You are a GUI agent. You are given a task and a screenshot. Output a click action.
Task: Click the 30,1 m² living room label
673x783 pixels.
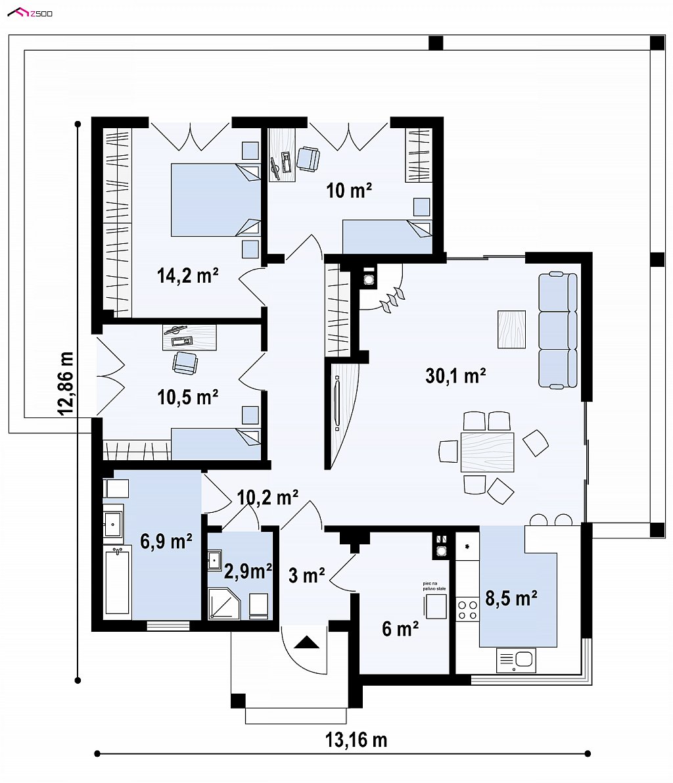[x=456, y=375]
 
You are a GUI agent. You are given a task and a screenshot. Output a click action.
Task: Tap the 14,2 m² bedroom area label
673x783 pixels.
[x=188, y=275]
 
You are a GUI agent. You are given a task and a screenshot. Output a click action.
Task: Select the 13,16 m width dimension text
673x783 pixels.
[x=356, y=740]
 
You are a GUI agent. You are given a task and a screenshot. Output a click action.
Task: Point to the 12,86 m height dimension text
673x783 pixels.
[x=66, y=383]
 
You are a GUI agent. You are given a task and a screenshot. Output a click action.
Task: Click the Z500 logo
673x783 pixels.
[x=30, y=12]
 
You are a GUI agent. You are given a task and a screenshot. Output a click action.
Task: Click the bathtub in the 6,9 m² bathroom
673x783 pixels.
[x=118, y=581]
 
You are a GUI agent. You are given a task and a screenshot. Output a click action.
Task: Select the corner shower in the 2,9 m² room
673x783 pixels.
[x=224, y=604]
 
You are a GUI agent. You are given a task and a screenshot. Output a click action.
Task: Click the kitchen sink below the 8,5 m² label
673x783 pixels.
[x=516, y=660]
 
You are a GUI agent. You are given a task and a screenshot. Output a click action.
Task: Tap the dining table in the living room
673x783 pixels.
[x=487, y=452]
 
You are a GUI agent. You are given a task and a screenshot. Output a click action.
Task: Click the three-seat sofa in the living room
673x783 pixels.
[x=558, y=330]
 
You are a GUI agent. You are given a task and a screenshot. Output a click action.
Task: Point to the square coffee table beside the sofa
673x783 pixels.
[x=511, y=329]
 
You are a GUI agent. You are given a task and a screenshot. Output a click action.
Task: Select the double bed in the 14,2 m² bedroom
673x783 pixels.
[x=216, y=200]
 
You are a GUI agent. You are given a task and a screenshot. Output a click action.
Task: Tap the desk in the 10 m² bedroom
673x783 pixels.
[x=282, y=154]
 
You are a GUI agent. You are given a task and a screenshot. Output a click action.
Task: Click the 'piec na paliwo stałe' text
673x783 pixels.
[x=434, y=586]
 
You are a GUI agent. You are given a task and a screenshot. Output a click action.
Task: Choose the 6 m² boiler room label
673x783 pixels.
[x=400, y=629]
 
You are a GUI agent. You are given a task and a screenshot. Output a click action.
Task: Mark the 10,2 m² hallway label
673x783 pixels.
[x=267, y=497]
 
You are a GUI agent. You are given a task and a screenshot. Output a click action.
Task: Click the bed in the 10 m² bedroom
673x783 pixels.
[x=387, y=237]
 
